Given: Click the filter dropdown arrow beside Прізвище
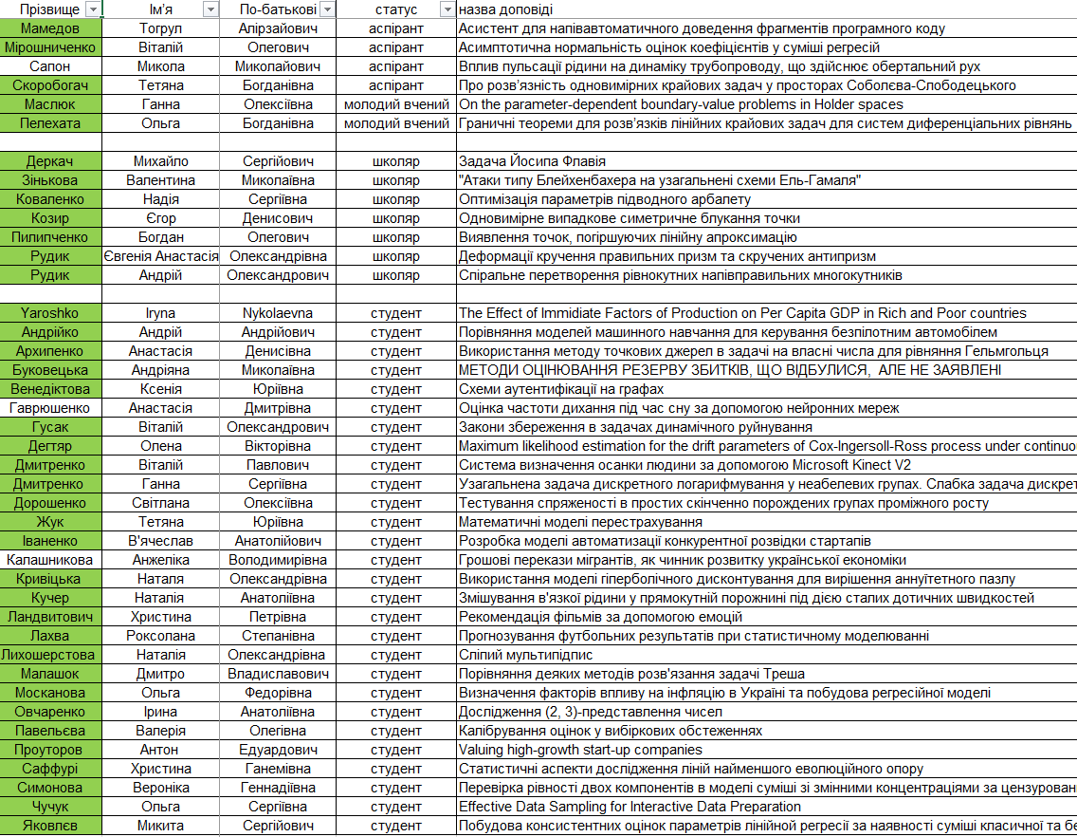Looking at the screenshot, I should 93,9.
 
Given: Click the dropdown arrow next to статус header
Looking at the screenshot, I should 447,9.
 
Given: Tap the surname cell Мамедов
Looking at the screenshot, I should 50,28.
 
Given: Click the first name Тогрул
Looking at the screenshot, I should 160,28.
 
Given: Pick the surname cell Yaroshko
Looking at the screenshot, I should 50,313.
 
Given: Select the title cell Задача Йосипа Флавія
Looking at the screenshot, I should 532,161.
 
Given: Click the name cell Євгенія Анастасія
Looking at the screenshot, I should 160,256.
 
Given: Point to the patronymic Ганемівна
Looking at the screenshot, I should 279,769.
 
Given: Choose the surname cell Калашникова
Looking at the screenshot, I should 50,560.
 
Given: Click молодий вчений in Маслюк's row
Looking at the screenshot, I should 396,104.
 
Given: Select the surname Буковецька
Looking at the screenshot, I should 50,370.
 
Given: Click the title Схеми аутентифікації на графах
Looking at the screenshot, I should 561,389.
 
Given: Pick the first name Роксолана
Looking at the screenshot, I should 160,636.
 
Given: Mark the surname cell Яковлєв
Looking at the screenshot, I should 50,826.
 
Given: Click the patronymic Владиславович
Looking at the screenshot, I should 279,674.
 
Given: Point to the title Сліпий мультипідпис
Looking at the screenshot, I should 525,655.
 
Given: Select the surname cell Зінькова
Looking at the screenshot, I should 50,180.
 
